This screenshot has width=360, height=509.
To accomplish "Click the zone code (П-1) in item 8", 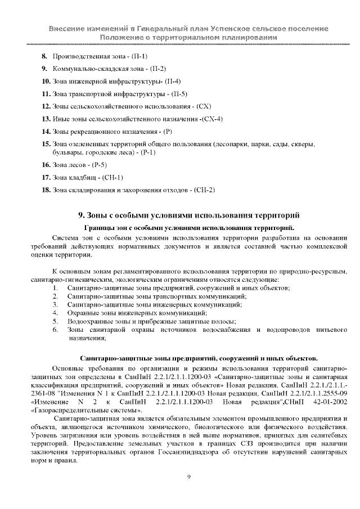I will pyautogui.click(x=139, y=57).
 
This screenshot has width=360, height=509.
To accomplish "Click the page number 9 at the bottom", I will pyautogui.click(x=190, y=477).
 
